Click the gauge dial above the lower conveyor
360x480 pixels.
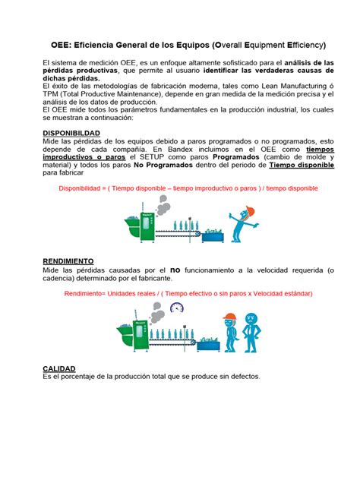pos(178,308)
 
